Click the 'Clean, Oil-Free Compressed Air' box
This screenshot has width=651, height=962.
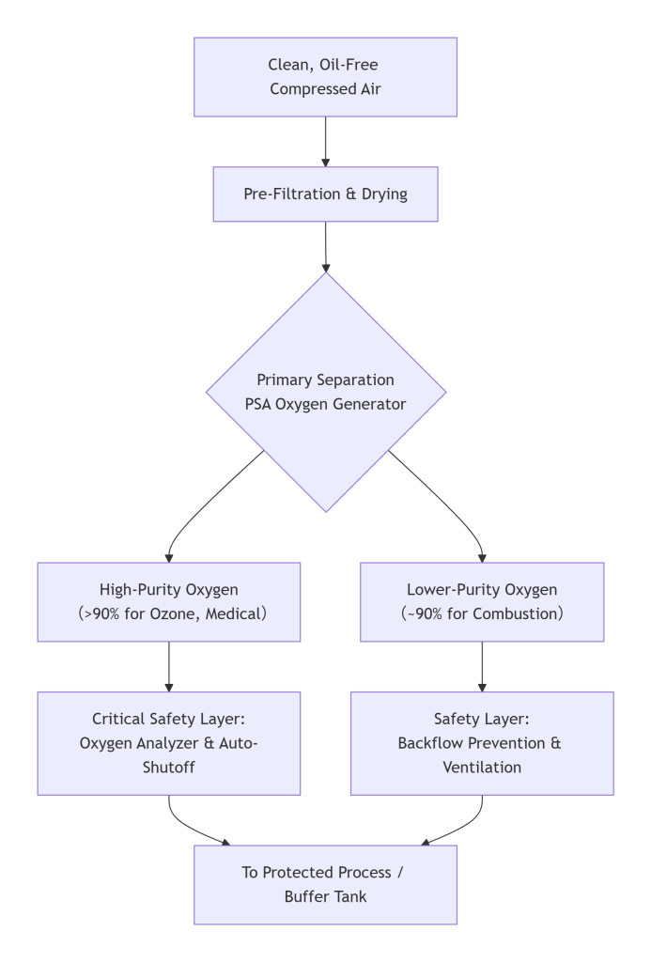[x=325, y=77]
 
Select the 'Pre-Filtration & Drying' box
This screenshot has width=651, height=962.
[x=325, y=194]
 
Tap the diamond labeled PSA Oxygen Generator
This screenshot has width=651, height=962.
[x=325, y=393]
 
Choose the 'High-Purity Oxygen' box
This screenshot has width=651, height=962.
[x=169, y=602]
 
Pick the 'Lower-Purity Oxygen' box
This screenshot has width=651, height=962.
[x=482, y=602]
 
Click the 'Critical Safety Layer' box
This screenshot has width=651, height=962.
[x=169, y=742]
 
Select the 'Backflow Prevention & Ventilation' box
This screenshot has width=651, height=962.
[x=482, y=742]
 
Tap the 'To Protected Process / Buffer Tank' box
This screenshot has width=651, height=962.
[x=325, y=884]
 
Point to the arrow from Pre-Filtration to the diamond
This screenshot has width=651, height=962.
[x=325, y=246]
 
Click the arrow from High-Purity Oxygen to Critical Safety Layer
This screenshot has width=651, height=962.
[x=169, y=667]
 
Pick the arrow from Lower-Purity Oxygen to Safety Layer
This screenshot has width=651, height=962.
[x=482, y=667]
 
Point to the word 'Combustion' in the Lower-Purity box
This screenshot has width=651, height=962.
[x=517, y=614]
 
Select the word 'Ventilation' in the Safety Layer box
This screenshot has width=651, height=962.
[x=482, y=768]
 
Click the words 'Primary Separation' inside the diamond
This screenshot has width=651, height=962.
[x=325, y=380]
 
